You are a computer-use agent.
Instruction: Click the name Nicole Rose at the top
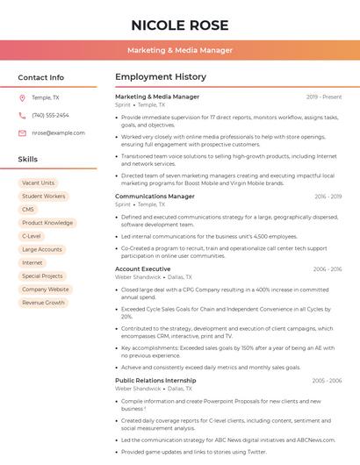tap(179, 25)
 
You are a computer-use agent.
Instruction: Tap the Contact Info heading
tap(41, 77)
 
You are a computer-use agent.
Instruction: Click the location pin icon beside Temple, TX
tap(22, 97)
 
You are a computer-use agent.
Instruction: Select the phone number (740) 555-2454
tap(50, 115)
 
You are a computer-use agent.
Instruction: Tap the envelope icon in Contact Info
tap(22, 132)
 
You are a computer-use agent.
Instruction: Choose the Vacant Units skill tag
tap(38, 183)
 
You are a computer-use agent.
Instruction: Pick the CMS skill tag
tap(28, 210)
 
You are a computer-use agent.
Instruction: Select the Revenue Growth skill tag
tap(43, 303)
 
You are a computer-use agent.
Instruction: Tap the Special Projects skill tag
tap(42, 275)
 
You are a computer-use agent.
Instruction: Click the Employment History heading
tap(161, 77)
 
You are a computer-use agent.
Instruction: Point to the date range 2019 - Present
tap(324, 97)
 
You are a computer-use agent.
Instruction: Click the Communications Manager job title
tap(155, 197)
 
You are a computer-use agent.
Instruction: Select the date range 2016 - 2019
tap(328, 197)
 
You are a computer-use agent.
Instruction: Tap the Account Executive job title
tap(142, 268)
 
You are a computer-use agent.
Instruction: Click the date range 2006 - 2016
tap(327, 269)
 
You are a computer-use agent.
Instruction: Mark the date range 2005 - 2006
tap(327, 381)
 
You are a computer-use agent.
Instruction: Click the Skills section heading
tap(28, 160)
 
